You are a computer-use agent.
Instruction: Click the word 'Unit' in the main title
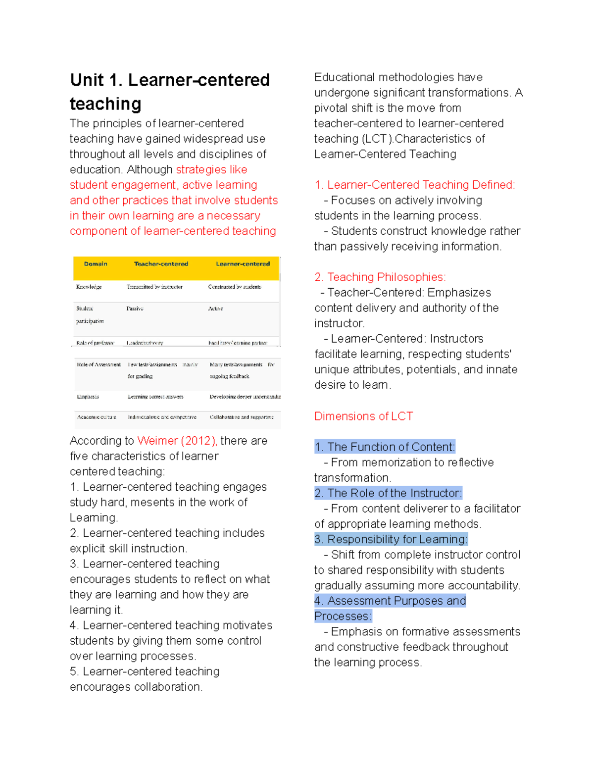coord(87,80)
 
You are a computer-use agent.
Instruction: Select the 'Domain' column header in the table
coord(96,264)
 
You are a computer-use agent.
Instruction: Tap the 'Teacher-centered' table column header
coord(161,264)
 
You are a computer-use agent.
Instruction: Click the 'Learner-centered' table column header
coord(243,264)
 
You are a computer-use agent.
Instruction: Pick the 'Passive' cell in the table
coord(135,308)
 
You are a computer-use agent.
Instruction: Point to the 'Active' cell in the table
coord(215,308)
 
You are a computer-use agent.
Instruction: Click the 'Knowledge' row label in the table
coord(89,287)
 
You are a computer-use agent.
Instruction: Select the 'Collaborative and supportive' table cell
coord(242,417)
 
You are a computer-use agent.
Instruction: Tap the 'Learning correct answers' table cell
coord(155,397)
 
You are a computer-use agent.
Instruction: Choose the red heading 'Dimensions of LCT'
coord(363,416)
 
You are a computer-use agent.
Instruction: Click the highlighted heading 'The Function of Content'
coord(391,447)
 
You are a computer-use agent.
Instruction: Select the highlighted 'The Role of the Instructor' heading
coord(394,493)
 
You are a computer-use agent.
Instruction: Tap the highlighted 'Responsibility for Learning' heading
coord(397,539)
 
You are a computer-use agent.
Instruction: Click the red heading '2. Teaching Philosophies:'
coord(380,277)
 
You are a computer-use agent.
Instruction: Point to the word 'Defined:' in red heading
coord(494,185)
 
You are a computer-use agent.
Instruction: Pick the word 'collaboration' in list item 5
coord(169,687)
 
